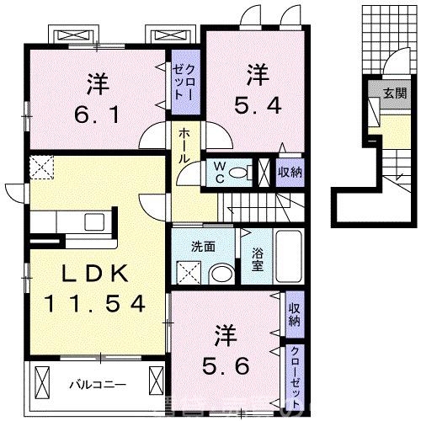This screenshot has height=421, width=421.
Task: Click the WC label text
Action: pos(218,172)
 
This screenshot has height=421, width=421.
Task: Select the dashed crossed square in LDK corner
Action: pos(41,168)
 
